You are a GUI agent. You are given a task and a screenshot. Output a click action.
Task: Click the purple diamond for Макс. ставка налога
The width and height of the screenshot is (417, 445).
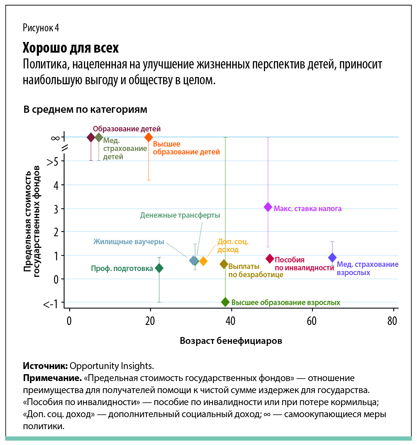268,207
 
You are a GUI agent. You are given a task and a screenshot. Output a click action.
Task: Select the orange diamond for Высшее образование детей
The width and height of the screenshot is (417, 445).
149,137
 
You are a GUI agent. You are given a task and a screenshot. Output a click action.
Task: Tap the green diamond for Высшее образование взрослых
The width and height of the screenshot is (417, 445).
225,302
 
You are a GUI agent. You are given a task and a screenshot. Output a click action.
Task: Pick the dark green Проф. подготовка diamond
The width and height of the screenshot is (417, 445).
159,268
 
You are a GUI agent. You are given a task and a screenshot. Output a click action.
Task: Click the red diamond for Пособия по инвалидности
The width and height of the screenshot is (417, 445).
270,259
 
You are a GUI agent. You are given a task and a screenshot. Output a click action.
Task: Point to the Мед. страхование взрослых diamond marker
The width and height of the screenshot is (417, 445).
332,257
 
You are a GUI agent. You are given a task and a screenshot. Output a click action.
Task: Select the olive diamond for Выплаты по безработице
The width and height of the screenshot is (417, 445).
224,264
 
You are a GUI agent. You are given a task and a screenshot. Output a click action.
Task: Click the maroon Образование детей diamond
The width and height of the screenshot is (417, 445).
91,137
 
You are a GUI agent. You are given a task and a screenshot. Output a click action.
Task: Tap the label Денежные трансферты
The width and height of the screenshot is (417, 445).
180,215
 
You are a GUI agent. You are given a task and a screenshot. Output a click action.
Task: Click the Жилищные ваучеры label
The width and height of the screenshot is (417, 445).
129,242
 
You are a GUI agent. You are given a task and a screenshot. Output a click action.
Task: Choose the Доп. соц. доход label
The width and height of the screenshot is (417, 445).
233,246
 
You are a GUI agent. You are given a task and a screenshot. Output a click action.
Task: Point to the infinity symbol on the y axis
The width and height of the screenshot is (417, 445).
55,138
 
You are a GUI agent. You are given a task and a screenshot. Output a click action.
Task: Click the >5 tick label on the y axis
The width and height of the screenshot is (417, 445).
52,161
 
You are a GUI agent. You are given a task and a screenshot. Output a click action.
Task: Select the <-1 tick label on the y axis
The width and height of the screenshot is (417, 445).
51,304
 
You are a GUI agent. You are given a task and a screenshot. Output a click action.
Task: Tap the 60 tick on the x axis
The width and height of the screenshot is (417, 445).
312,321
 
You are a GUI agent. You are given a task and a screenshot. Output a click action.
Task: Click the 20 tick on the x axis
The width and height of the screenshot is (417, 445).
150,321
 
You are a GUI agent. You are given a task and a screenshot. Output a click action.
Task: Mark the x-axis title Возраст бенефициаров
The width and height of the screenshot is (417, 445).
231,341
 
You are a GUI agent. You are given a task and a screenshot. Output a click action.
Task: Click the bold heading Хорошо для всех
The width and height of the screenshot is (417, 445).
71,48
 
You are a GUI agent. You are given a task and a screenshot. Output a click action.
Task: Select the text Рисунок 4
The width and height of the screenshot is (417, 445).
41,28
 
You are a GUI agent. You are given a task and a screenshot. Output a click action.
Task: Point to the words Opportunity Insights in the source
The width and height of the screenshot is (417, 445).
111,366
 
